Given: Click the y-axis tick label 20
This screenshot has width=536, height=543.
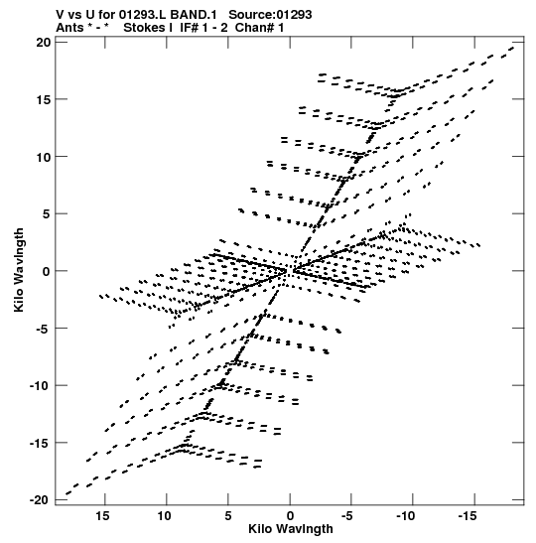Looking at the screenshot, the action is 44,43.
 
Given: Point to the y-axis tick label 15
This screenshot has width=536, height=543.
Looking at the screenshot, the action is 44,99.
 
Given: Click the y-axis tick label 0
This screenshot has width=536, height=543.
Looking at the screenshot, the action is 47,272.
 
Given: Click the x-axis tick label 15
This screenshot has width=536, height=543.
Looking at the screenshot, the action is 103,516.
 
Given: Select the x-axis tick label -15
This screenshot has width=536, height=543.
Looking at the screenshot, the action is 468,516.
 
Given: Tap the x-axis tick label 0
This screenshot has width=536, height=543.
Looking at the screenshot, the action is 290,516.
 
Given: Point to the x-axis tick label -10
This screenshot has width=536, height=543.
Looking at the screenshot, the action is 406,516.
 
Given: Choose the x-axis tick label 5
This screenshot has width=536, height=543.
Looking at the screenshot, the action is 228,516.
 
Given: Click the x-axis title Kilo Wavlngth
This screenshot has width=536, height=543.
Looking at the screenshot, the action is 291,529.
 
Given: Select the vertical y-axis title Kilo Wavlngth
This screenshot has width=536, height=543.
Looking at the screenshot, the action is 19,270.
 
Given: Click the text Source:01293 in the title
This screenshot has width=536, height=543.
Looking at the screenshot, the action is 270,15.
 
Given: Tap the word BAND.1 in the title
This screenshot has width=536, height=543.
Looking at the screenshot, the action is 194,15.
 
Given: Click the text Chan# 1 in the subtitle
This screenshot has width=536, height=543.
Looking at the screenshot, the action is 259,28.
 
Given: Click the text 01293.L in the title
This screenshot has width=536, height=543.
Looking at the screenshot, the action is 142,15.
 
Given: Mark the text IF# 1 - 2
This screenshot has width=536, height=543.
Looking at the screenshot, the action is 203,28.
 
